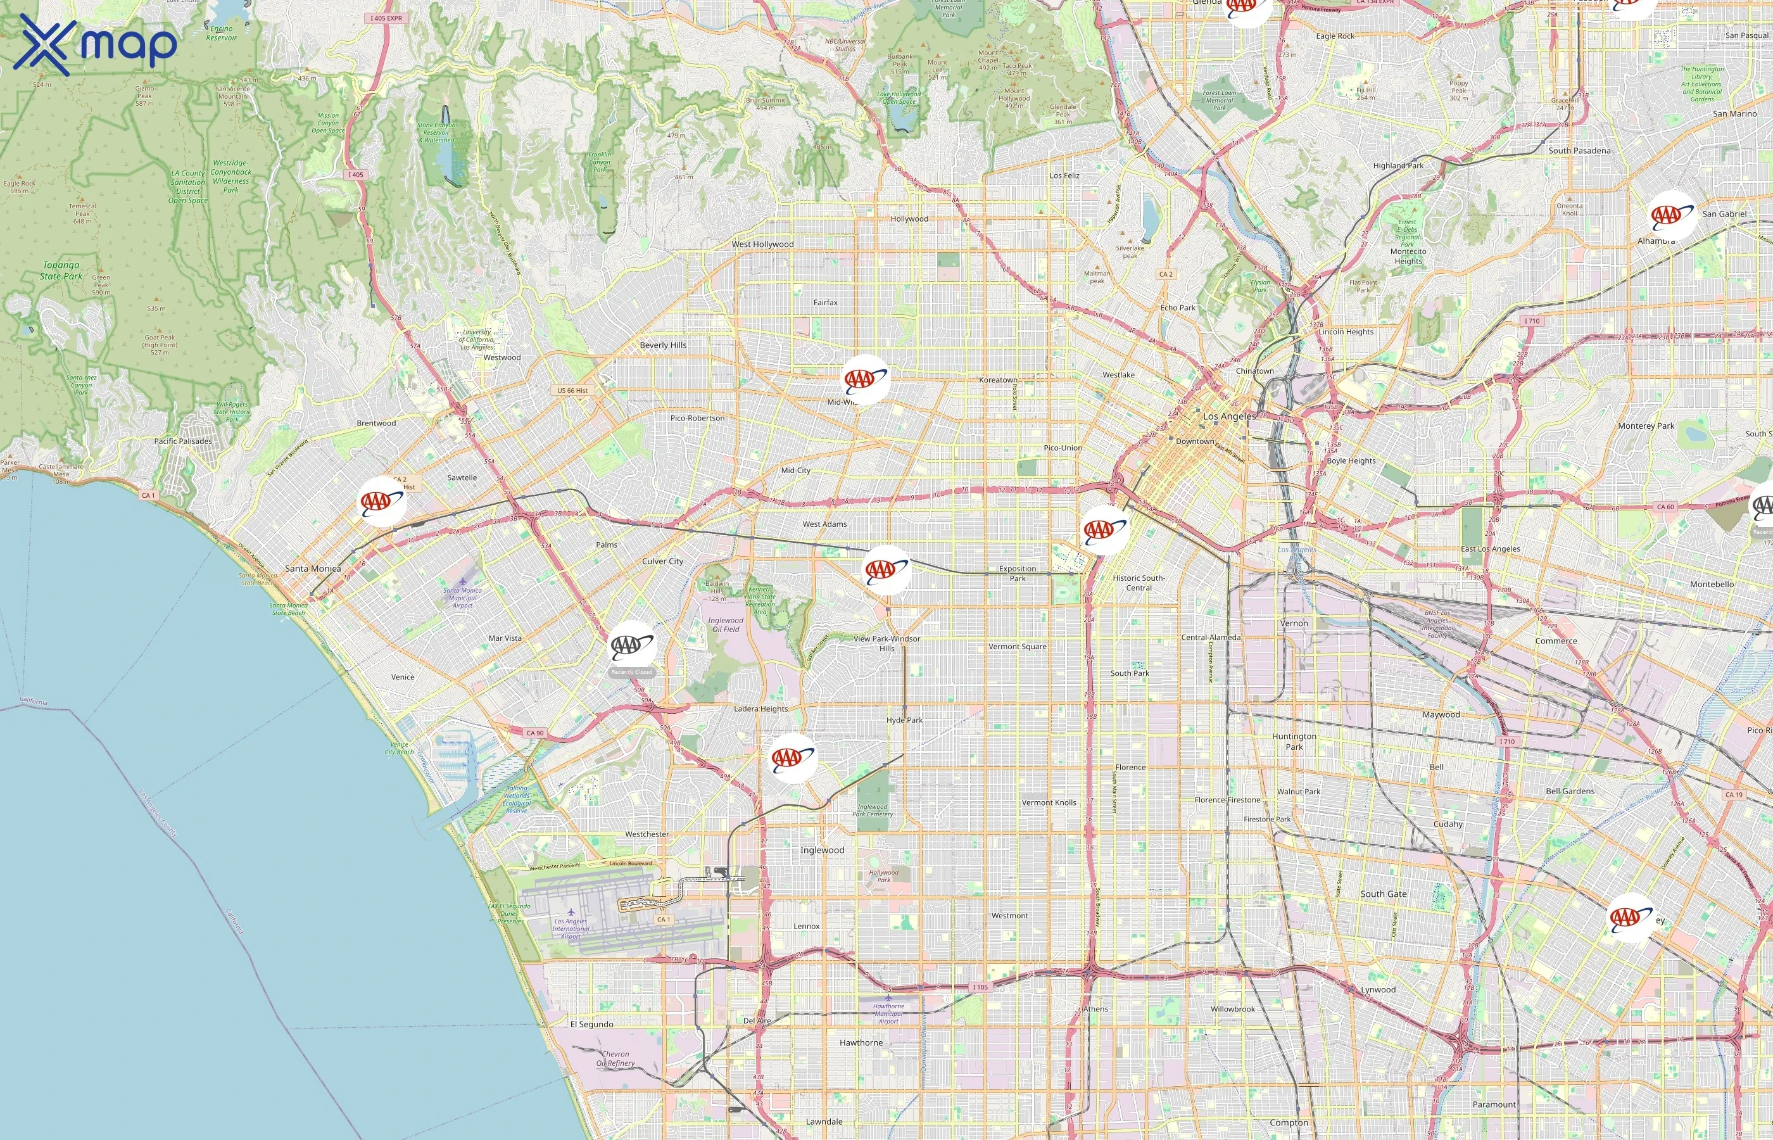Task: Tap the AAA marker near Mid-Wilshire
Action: (865, 379)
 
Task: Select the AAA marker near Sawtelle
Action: (382, 502)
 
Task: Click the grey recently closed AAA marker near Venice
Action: (632, 645)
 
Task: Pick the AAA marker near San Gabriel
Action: (1672, 215)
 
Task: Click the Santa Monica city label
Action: (313, 569)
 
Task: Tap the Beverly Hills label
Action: (663, 345)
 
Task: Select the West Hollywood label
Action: (762, 244)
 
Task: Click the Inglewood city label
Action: (822, 850)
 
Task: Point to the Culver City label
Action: (662, 561)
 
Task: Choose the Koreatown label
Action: (998, 380)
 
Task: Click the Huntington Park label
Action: (1294, 741)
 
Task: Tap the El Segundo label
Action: (591, 1025)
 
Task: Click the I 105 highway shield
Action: (980, 987)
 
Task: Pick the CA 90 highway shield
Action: (535, 733)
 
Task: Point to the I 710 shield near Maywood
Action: (1506, 741)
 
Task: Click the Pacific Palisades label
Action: (183, 441)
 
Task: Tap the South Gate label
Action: (1383, 894)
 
